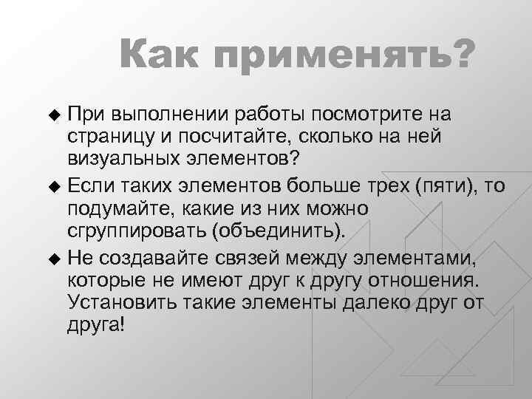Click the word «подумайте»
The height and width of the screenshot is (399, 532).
pos(119,209)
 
